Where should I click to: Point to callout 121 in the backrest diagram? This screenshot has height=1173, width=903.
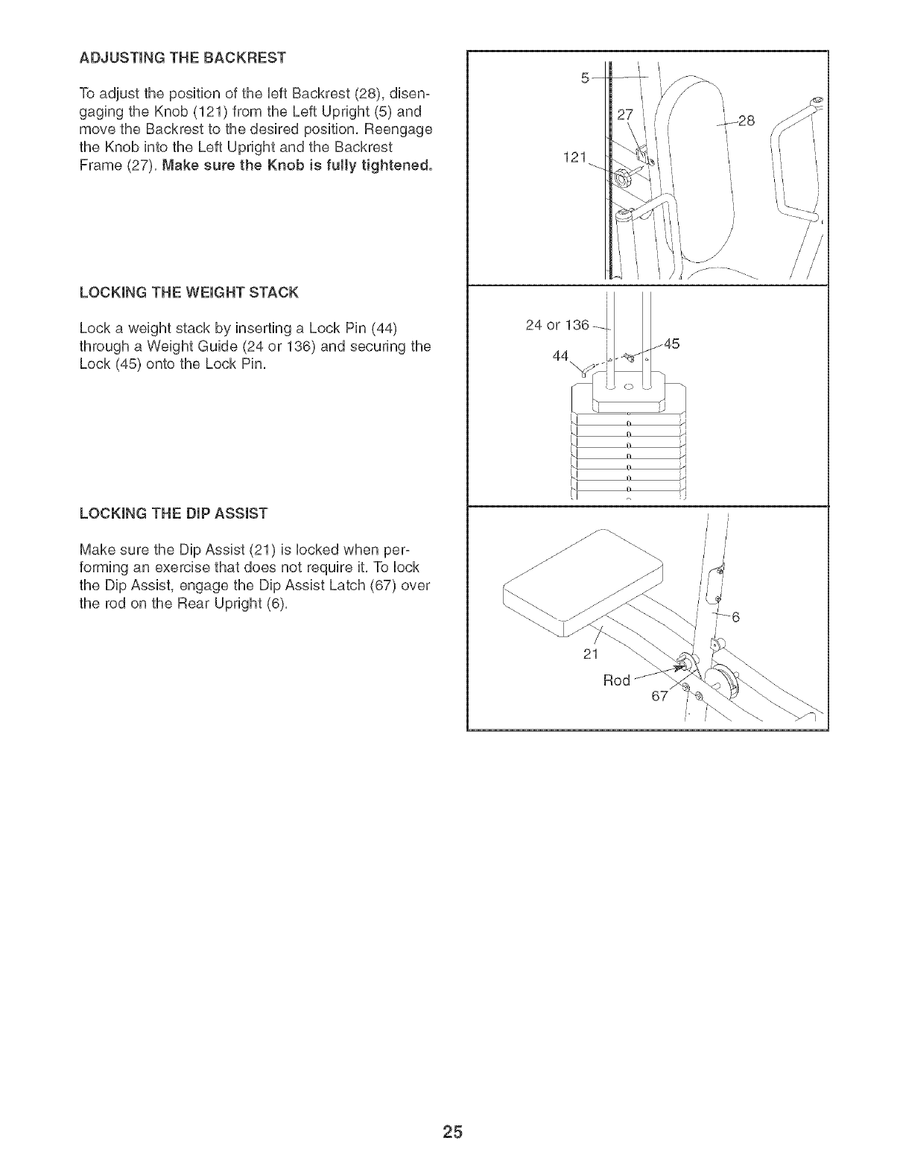pos(577,158)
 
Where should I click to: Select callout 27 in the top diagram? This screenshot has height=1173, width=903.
pos(624,114)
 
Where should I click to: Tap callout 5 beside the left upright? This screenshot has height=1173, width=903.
pos(586,78)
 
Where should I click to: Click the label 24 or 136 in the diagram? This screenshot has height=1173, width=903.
pos(557,325)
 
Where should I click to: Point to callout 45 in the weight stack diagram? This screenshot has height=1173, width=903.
pos(671,344)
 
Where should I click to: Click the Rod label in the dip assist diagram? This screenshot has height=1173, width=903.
pos(616,680)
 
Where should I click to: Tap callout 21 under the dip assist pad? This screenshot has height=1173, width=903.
pos(593,654)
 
